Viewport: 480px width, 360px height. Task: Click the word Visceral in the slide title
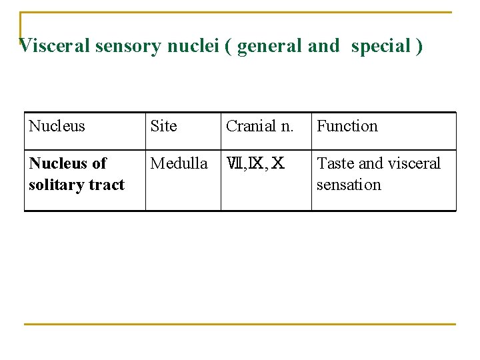point(55,46)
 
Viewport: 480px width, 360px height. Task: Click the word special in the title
point(381,46)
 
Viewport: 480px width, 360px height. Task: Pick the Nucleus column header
point(57,126)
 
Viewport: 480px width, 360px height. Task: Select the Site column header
point(164,126)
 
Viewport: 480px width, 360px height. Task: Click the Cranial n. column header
point(260,126)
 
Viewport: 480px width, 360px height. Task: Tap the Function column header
point(347,126)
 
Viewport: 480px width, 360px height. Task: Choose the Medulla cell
point(179,163)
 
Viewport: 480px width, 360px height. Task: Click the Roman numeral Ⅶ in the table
point(235,164)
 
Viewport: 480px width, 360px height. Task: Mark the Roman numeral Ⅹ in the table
point(279,164)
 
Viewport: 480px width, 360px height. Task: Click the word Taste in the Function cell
point(335,163)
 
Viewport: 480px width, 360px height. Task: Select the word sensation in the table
point(349,185)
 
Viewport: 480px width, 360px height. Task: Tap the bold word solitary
point(55,185)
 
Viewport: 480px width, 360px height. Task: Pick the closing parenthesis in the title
point(419,46)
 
